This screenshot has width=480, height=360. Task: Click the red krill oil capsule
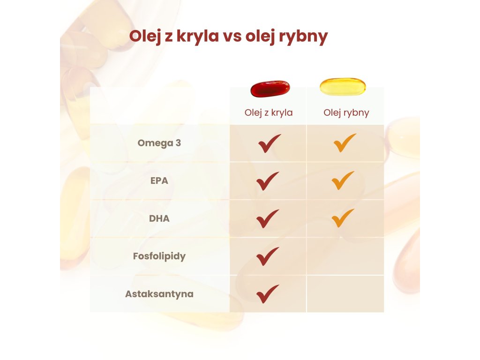click(270, 89)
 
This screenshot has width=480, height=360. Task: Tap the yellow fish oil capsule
click(343, 87)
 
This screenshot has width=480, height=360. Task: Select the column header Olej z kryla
click(269, 112)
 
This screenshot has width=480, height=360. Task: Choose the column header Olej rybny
click(346, 112)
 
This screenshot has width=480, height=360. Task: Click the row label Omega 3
click(159, 143)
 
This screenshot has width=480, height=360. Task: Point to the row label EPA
click(159, 180)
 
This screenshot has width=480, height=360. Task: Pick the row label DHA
click(159, 218)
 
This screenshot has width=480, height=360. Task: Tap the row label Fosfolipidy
click(159, 256)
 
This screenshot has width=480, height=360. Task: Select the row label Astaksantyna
click(159, 294)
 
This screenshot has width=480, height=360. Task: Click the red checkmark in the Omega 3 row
click(269, 143)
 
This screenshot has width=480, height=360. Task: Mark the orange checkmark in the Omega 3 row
click(345, 142)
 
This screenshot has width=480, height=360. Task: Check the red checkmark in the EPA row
click(267, 181)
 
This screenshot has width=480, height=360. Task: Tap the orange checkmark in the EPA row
click(343, 180)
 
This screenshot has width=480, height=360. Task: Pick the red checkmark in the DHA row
click(267, 218)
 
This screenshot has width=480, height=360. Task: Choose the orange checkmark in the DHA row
click(343, 218)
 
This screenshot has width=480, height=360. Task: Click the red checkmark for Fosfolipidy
click(267, 256)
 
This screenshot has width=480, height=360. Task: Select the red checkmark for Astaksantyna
click(267, 294)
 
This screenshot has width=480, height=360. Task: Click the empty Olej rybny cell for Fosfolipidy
click(345, 256)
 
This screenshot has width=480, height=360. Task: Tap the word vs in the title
click(232, 36)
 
